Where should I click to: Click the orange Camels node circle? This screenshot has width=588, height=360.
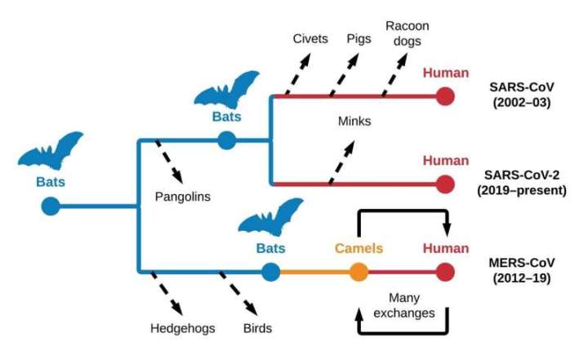359,272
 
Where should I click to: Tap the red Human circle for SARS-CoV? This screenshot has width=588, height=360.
446,96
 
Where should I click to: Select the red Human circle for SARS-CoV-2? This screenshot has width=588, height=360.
446,184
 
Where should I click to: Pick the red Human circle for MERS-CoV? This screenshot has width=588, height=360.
446,272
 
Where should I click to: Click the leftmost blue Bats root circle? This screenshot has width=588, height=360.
51,206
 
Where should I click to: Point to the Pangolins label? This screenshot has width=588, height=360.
183,197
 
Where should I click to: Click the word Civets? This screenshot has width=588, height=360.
310,38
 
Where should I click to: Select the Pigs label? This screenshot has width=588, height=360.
359,39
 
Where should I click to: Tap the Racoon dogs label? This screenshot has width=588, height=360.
408,33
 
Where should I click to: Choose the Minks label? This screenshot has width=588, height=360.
354,121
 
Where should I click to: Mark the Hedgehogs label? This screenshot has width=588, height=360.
183,328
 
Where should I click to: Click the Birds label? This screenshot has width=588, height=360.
257,328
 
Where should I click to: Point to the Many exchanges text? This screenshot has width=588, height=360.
404,305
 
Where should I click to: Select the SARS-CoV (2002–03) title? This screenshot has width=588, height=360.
522,95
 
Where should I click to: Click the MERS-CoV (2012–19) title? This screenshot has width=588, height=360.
522,270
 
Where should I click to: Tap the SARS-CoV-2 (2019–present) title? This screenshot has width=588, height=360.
522,183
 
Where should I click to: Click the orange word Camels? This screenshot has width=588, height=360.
359,248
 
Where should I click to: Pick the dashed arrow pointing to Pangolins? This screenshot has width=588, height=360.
169,162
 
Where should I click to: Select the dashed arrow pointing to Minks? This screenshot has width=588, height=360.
341,162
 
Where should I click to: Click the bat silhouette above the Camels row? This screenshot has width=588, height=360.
271,217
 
